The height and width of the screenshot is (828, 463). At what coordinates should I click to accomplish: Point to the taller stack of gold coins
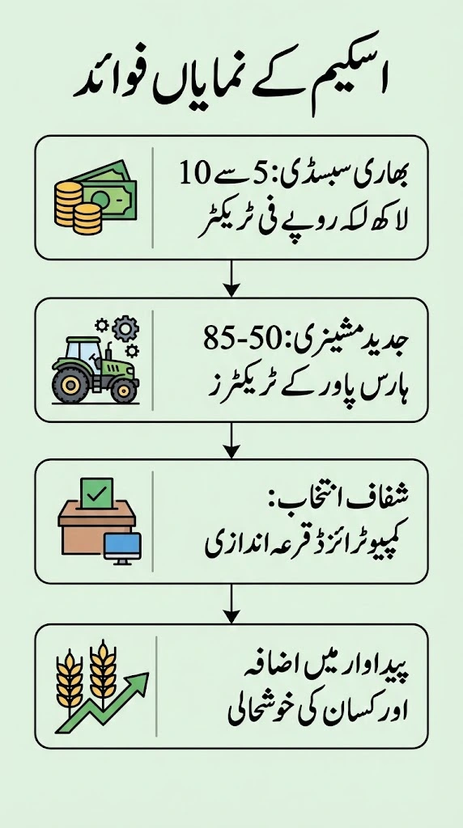click(x=68, y=203)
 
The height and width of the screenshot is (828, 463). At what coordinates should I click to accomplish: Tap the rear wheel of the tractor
click(x=70, y=384)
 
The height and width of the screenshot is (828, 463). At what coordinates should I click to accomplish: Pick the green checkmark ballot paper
click(x=96, y=492)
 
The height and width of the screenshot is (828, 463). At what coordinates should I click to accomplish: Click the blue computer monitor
click(x=122, y=548)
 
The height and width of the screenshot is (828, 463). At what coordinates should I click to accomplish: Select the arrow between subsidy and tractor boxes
click(x=231, y=278)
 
